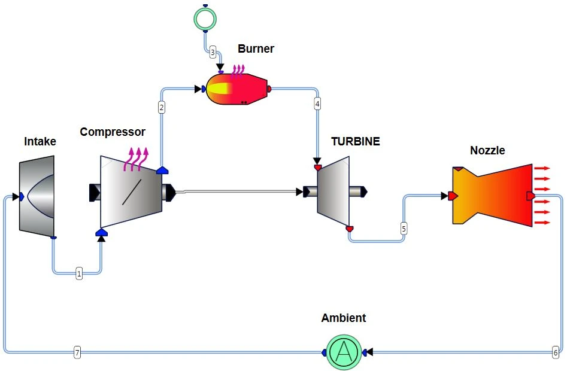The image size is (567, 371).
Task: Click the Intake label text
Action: [40, 141]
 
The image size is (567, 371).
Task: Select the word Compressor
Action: [113, 132]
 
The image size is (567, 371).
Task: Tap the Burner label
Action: [256, 48]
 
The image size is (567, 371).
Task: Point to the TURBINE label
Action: [356, 141]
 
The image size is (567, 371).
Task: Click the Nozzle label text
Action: [487, 150]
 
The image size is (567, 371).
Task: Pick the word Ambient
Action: [344, 318]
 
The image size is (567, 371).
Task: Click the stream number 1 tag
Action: [79, 273]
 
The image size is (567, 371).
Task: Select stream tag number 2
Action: [162, 107]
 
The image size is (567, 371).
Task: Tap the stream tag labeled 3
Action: [213, 53]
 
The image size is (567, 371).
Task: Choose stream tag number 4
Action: [317, 104]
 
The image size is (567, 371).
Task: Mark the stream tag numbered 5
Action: [404, 229]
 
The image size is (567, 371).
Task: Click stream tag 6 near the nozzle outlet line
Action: [556, 352]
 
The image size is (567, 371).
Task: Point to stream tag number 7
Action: [77, 352]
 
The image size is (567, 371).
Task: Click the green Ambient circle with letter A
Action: [344, 352]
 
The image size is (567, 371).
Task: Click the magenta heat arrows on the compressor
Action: [136, 159]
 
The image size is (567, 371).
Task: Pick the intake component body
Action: [37, 196]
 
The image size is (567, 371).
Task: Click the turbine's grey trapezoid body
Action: [333, 191]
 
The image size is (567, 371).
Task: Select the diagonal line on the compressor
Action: [132, 192]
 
